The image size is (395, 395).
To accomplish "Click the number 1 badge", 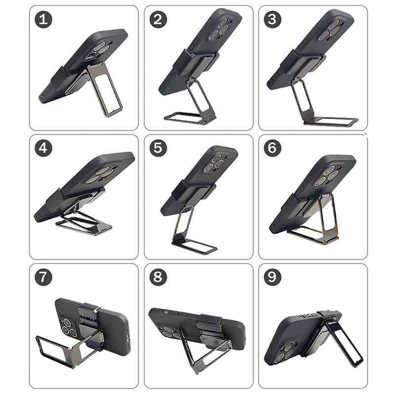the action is (x=43, y=19).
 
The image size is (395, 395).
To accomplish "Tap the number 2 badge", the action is (x=158, y=19).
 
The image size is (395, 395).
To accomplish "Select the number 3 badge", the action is (x=273, y=19).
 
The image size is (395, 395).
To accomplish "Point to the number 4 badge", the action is (x=43, y=148).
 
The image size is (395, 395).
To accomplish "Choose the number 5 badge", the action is (x=158, y=148).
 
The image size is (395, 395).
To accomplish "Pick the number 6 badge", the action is (x=273, y=148).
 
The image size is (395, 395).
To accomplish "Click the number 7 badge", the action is (x=43, y=277).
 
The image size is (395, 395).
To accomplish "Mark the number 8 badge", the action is (x=158, y=277).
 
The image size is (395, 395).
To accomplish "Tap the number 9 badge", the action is (x=273, y=277).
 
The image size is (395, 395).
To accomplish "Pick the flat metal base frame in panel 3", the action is (x=330, y=121).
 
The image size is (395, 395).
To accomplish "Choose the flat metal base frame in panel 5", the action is (x=195, y=246).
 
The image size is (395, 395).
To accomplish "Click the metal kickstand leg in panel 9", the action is (x=346, y=344).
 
